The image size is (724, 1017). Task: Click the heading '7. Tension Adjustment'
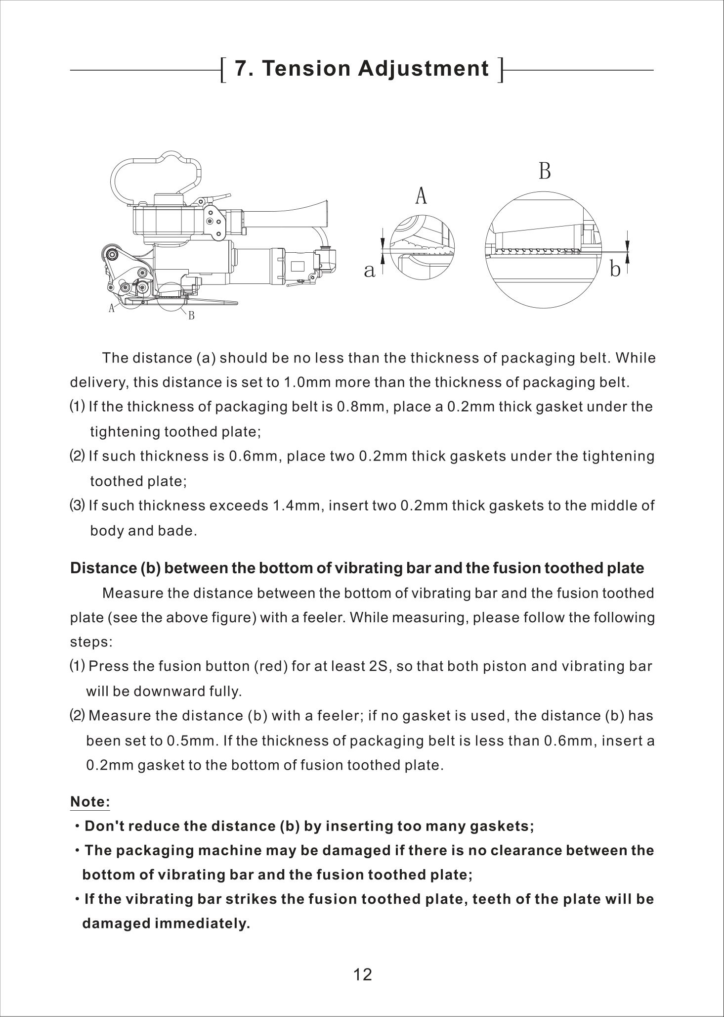pos(361,68)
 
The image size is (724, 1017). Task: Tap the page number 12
pos(362,975)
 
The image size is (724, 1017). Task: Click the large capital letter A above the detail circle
pos(421,196)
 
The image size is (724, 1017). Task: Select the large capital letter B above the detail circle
pos(545,171)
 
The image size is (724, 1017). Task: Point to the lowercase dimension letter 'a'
pos(369,270)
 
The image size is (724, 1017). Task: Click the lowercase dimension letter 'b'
pos(615,270)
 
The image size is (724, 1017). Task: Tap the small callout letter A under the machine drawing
pos(112,308)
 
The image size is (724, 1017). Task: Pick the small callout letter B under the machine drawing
pos(191,315)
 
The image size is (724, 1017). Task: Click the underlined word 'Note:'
pos(90,802)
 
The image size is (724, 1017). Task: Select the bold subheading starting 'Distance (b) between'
pos(357,568)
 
